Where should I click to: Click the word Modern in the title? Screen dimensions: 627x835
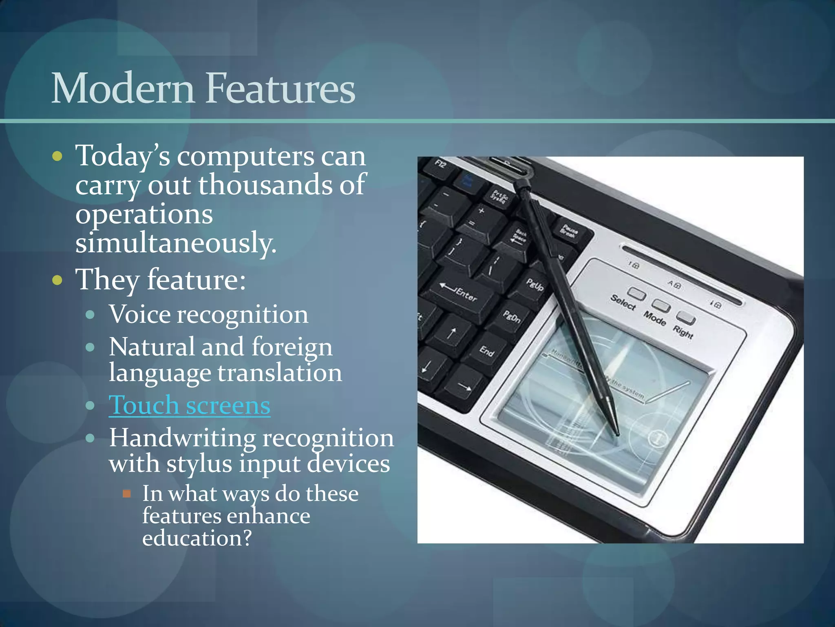[x=122, y=88]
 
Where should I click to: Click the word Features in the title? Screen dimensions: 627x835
[x=280, y=88]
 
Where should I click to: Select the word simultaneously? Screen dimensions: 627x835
[x=175, y=242]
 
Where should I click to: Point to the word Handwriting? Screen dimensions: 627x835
[x=182, y=438]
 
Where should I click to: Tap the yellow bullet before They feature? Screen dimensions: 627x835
[x=57, y=280]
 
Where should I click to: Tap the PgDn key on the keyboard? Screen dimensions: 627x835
[x=511, y=316]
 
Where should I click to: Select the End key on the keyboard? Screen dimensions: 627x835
[x=487, y=350]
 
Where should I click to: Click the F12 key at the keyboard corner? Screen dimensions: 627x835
[x=441, y=165]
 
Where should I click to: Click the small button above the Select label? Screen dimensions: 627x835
[x=636, y=293]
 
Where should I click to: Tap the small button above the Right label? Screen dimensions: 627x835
[x=686, y=317]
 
